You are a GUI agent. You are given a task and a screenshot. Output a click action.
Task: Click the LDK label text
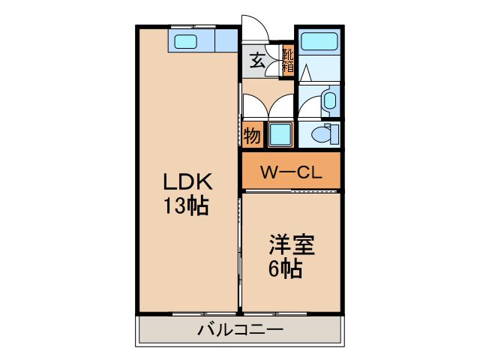click(187, 181)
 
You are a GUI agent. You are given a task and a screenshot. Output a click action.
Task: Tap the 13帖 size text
click(186, 205)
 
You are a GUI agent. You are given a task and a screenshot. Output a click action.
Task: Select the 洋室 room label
click(292, 245)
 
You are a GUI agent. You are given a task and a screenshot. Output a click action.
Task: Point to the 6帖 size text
click(285, 268)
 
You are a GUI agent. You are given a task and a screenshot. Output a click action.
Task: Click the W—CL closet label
click(291, 172)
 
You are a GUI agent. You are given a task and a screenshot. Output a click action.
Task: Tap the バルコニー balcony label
click(240, 330)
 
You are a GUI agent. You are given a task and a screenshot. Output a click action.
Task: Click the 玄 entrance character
click(257, 60)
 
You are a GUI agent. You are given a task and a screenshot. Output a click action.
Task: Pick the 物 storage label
click(252, 135)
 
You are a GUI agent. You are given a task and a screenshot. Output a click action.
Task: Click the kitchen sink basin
click(185, 41)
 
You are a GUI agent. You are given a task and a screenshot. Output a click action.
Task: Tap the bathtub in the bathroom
click(319, 41)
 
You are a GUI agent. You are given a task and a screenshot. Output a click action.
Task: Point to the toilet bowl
click(321, 134)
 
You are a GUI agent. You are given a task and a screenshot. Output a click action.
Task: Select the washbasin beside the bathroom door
click(330, 100)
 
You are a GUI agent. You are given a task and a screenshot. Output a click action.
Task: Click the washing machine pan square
click(280, 134)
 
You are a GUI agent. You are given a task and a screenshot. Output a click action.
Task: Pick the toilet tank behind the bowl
click(334, 134)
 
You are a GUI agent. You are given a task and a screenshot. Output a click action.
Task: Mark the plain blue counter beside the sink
click(226, 40)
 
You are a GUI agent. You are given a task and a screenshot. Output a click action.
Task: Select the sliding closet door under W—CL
click(291, 191)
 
